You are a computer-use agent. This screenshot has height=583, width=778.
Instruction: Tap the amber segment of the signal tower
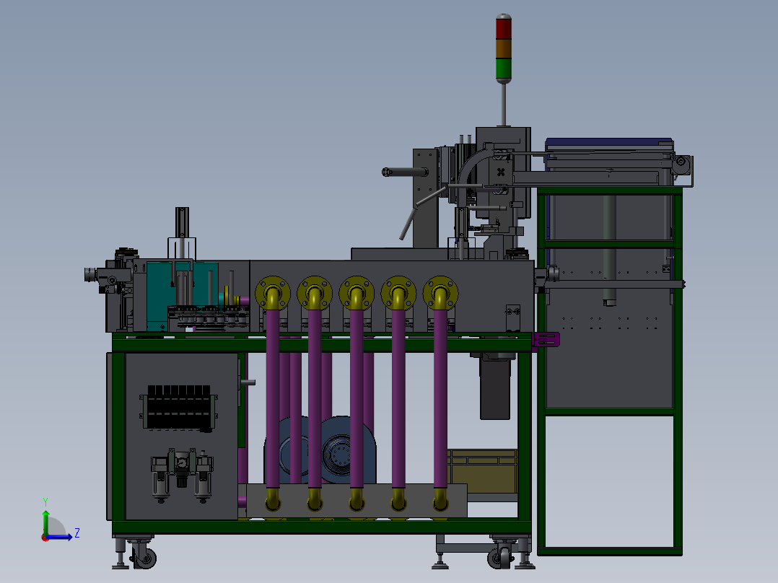[x=503, y=48]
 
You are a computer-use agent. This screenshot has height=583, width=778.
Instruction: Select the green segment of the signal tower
[x=503, y=68]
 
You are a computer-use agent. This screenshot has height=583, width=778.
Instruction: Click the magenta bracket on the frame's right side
[x=546, y=339]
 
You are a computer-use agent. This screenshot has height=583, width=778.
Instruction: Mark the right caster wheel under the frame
[x=497, y=558]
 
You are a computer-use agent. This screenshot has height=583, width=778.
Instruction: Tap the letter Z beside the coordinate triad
[x=77, y=533]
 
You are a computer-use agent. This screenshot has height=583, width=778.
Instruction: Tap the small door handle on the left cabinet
[x=248, y=382]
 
